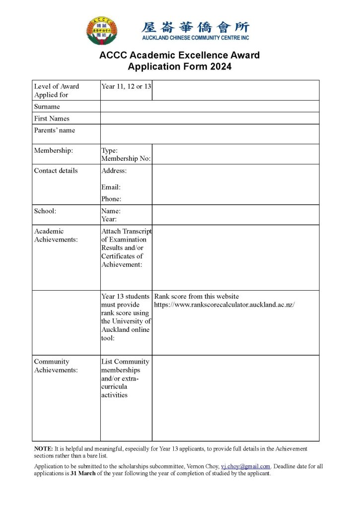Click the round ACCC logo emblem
coord(102,30)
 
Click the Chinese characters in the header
coord(196,27)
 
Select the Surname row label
coord(47,107)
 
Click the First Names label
coord(52,119)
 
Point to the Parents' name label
coord(54,130)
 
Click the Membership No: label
coord(126,159)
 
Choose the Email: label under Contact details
coord(111,187)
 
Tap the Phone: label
coord(111,199)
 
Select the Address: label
coord(114,171)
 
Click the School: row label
coord(45,211)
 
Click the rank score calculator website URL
coord(224,305)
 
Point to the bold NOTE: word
coord(43,448)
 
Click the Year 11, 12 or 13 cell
coord(126,86)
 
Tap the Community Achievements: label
coord(56,366)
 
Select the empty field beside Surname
coord(210,107)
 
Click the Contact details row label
coord(56,171)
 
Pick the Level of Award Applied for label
coord(56,90)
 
